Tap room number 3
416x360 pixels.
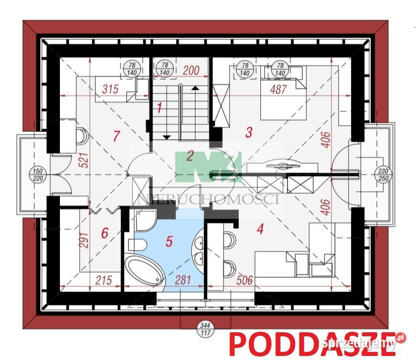(x=248, y=132)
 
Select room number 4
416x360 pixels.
(x=260, y=228)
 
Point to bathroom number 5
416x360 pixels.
(x=169, y=241)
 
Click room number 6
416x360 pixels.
(x=104, y=233)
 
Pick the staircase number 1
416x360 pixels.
(x=159, y=107)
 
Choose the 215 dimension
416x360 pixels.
(x=103, y=279)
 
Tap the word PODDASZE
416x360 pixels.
(x=311, y=344)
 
